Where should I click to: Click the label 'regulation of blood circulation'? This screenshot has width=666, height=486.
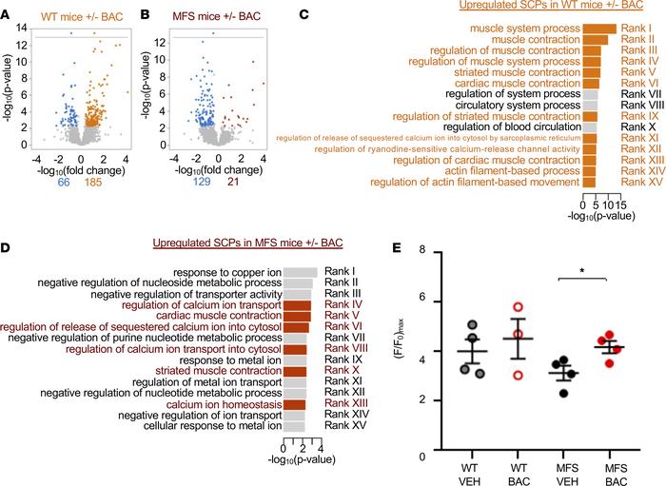point(511,126)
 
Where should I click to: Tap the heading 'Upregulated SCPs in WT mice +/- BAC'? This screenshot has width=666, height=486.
point(542,7)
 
